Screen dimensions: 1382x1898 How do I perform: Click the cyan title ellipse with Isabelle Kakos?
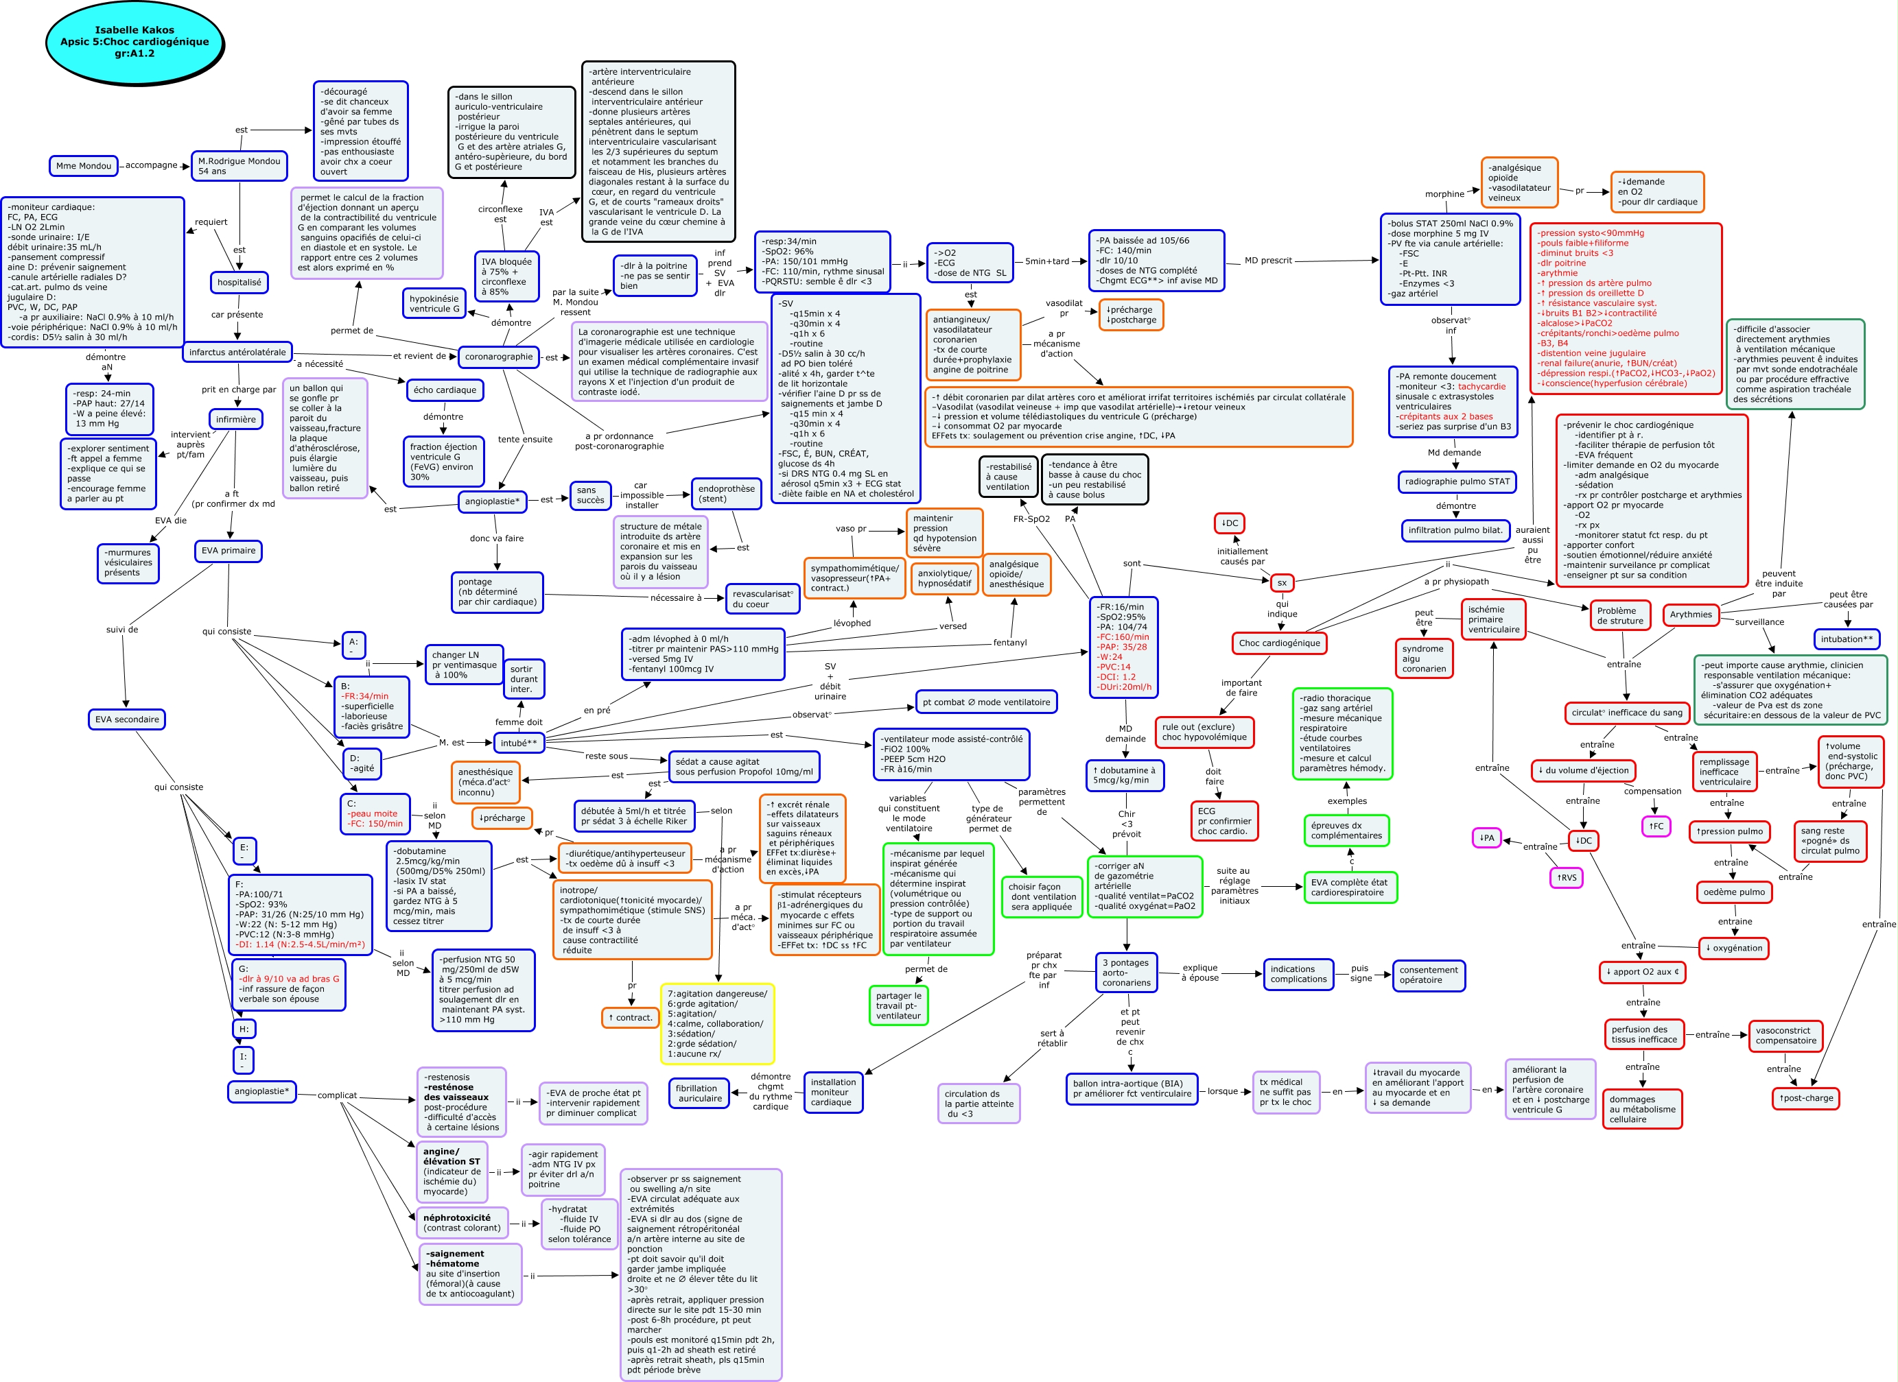click(x=134, y=42)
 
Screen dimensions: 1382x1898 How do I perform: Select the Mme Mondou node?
click(x=83, y=166)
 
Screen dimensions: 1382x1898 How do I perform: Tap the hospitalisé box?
click(x=239, y=283)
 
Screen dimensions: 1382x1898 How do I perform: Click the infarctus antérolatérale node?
click(x=237, y=353)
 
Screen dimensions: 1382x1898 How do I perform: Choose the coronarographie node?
click(x=498, y=357)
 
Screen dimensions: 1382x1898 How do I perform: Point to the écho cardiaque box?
click(x=445, y=390)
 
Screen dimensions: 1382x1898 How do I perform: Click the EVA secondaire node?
click(x=126, y=719)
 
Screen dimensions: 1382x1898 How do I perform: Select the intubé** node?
click(x=519, y=743)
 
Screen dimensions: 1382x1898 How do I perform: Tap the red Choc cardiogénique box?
click(x=1279, y=643)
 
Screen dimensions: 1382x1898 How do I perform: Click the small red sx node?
click(x=1281, y=583)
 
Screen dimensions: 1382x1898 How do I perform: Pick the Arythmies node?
click(x=1691, y=615)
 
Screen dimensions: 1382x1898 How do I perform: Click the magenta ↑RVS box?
click(x=1566, y=878)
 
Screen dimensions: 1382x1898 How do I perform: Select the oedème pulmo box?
click(x=1733, y=892)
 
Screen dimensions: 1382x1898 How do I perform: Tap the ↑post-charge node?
click(x=1805, y=1099)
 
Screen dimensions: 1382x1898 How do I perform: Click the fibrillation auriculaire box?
click(x=700, y=1093)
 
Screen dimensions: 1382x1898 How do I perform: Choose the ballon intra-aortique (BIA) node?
click(x=1132, y=1088)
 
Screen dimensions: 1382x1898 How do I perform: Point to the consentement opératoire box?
click(x=1428, y=975)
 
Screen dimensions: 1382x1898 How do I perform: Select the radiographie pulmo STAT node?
click(x=1457, y=482)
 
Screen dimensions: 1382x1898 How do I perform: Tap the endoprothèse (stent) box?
click(x=725, y=495)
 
